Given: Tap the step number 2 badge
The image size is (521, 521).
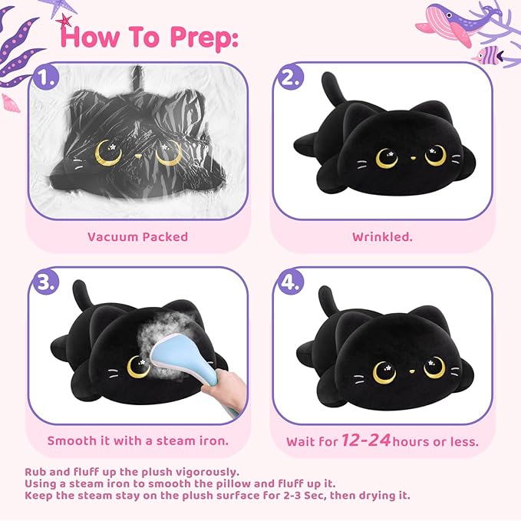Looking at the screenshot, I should [289, 77].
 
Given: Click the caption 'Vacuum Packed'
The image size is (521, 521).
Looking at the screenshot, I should [137, 236].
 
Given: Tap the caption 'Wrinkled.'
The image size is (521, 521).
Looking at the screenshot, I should [382, 236].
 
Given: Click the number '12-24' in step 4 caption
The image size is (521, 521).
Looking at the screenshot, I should [367, 440].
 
